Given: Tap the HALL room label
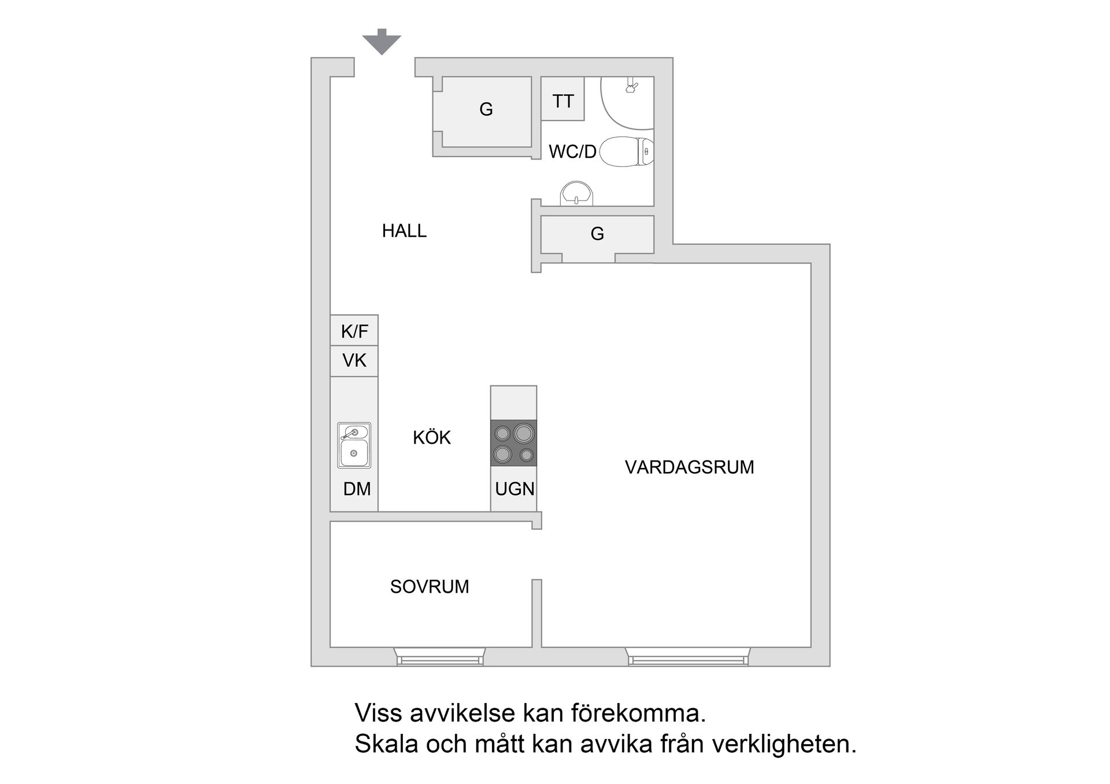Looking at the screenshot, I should pyautogui.click(x=404, y=231).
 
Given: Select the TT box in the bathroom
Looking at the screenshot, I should pyautogui.click(x=563, y=101).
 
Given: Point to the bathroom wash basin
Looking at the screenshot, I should pyautogui.click(x=576, y=194).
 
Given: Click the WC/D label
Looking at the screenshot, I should pyautogui.click(x=572, y=152).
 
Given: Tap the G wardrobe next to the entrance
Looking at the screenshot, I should pyautogui.click(x=486, y=109).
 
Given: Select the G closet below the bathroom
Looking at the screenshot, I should pyautogui.click(x=597, y=234).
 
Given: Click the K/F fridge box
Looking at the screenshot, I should pyautogui.click(x=354, y=331).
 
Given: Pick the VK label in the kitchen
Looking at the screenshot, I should pyautogui.click(x=354, y=361).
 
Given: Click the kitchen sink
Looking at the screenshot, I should pyautogui.click(x=354, y=445).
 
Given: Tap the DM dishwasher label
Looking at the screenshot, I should pyautogui.click(x=357, y=489).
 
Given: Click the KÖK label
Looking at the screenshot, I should pyautogui.click(x=431, y=438).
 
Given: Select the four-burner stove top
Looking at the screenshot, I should pyautogui.click(x=513, y=443).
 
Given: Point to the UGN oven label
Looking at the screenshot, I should pyautogui.click(x=515, y=489).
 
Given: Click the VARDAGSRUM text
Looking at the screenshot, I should pyautogui.click(x=689, y=467).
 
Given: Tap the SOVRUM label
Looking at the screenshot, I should pyautogui.click(x=429, y=587).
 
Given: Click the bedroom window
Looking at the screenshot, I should pyautogui.click(x=440, y=657).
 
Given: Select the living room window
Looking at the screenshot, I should pyautogui.click(x=687, y=657).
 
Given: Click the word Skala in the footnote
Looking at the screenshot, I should pyautogui.click(x=386, y=744).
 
